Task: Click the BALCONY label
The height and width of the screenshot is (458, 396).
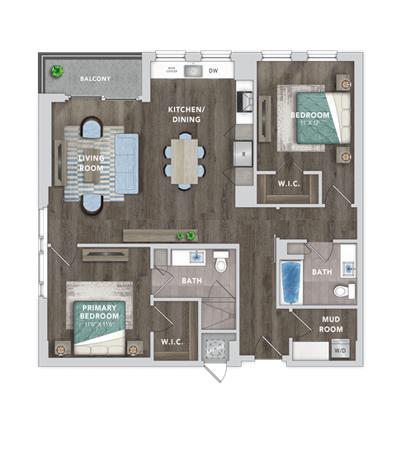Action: pos(95,78)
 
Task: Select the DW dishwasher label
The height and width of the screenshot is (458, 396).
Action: pos(214,72)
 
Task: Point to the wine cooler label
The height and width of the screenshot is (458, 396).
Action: pos(172,70)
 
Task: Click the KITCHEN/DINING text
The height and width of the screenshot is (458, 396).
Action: pos(186,115)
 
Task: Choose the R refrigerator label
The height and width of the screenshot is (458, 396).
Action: pos(245,154)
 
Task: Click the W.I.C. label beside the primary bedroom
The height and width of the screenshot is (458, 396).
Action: pos(172,340)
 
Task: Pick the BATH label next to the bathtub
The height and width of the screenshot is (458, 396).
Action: pos(322,271)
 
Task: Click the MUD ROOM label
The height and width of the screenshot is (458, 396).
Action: pos(331,324)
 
